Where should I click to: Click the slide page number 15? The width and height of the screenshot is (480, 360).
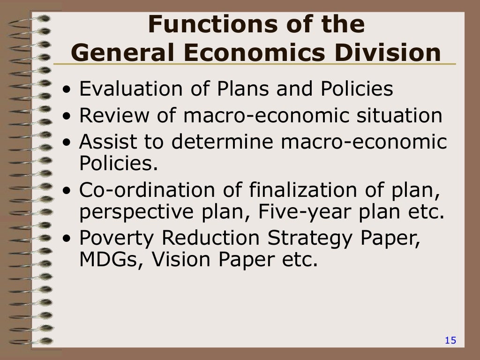[x=450, y=341]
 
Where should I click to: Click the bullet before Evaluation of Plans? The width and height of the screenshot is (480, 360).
[x=69, y=90]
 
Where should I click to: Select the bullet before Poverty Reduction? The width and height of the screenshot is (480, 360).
[x=69, y=239]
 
